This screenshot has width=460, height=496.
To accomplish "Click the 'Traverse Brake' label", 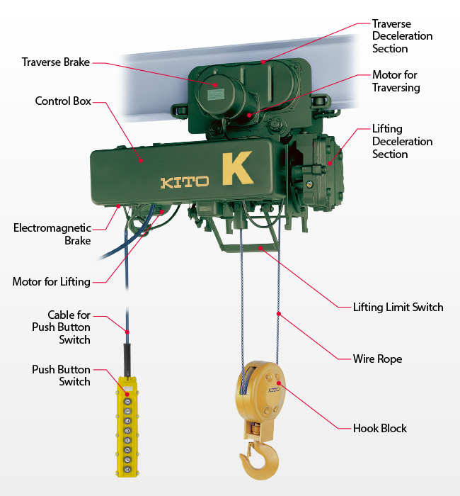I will coord(56,62).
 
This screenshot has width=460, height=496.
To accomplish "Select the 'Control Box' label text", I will coord(63,101).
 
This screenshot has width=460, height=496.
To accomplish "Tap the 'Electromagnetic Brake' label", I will coord(52,235).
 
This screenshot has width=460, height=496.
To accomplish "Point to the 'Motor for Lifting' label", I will coord(51,282).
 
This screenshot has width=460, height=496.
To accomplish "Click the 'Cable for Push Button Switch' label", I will coord(60,327).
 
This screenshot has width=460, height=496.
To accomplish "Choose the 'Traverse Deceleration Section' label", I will coord(402,36).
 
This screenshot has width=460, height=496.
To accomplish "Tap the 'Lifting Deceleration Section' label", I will coord(402,142).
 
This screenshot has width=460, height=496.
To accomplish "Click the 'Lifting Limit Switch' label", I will coord(398,308).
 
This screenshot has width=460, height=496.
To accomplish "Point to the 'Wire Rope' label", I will coord(377,359).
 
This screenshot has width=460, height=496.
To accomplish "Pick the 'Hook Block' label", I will coord(380,429).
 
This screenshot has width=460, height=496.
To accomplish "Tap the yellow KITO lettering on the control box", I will coord(184,182).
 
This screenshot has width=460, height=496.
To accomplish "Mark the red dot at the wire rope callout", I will coord(279,312).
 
